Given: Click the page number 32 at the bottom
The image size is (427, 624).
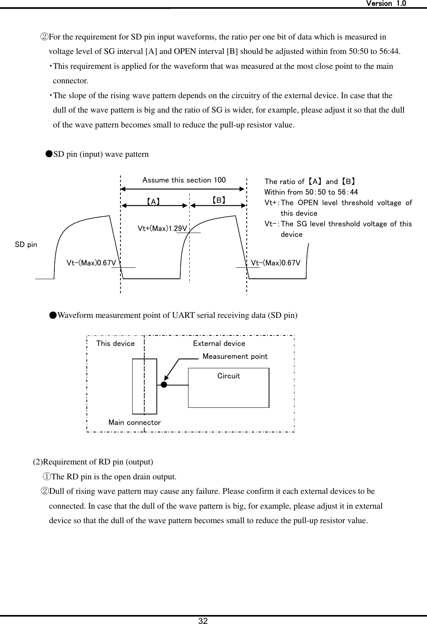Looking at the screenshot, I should pos(203,620).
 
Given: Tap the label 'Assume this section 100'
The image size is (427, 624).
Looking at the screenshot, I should pos(184,180).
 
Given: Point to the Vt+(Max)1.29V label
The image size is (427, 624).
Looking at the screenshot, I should pos(162,228).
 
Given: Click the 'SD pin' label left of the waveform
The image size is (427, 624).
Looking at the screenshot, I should pos(26,245).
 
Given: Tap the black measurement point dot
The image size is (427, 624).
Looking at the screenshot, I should pos(164,385).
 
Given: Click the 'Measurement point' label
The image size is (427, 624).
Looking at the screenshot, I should pos(235,357).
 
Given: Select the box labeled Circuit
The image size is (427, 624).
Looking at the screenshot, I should pos(228,388).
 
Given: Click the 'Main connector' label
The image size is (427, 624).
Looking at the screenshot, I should pos(135,423).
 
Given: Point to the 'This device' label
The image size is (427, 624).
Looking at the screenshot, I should pos(115,344).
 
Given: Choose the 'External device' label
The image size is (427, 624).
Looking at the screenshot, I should pos(219,344).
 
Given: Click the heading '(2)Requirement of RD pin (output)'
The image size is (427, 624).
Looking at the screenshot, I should pos(93,462).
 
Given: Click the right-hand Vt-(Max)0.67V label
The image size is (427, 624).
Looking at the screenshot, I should pos(276,263).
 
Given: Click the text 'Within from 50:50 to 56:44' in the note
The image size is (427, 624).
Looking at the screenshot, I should pos(311,192).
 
